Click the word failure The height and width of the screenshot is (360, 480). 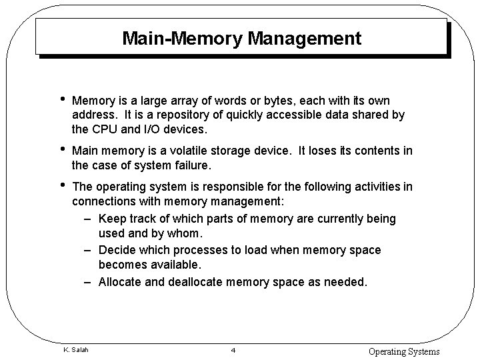(x=195, y=165)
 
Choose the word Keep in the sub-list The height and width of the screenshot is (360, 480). (x=112, y=219)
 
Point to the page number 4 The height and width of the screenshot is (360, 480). (x=233, y=351)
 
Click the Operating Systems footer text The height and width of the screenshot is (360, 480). (x=404, y=351)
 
